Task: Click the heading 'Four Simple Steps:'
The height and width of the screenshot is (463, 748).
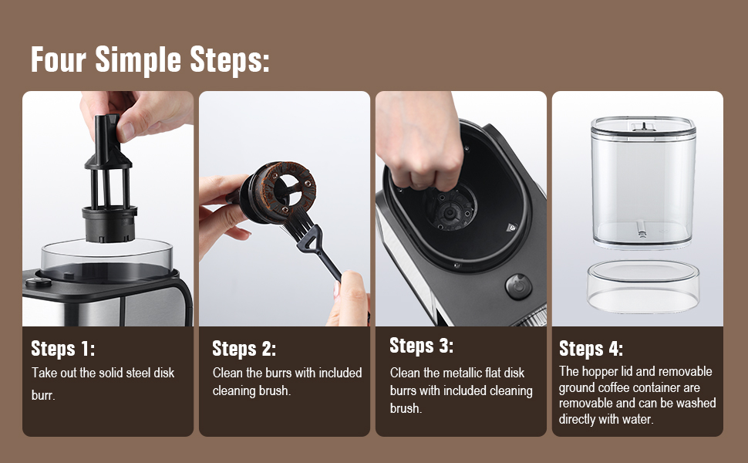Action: pos(150,59)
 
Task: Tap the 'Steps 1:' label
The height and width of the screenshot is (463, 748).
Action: pos(63,349)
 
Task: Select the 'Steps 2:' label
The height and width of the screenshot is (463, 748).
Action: pos(244,349)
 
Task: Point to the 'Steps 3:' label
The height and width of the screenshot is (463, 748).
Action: pos(421,345)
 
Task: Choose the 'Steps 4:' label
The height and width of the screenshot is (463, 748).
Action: pos(591,348)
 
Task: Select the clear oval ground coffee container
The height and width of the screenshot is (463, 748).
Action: pos(643,286)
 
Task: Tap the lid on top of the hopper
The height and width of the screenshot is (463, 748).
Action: pos(643,124)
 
